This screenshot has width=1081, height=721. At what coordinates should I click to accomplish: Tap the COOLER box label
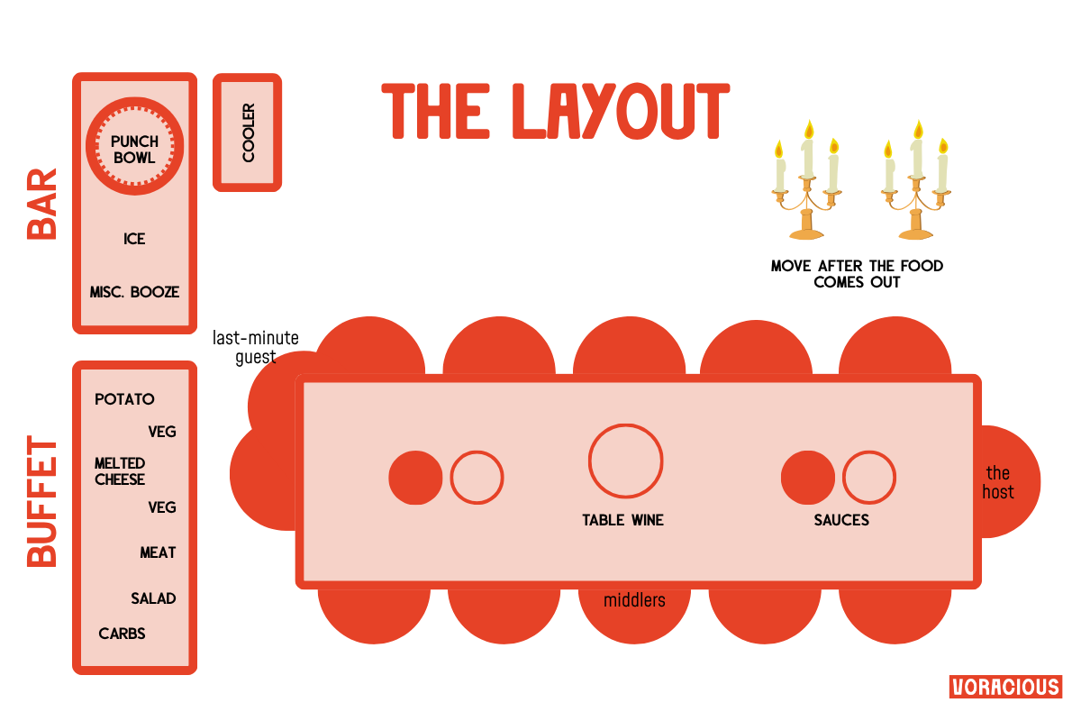pyautogui.click(x=248, y=132)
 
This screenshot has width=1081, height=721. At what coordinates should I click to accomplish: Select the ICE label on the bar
pyautogui.click(x=134, y=239)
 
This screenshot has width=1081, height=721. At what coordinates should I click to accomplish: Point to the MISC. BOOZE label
pyautogui.click(x=134, y=292)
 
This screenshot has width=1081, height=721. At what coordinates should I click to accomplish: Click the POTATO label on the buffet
pyautogui.click(x=124, y=399)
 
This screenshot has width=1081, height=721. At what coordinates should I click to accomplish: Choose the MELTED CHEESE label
pyautogui.click(x=120, y=471)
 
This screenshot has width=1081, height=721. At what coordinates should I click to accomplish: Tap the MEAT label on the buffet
pyautogui.click(x=158, y=552)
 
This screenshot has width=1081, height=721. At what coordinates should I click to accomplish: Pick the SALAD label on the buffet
pyautogui.click(x=153, y=598)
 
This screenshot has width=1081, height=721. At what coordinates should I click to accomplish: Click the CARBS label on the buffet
pyautogui.click(x=122, y=634)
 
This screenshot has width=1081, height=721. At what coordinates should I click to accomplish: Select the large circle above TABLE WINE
pyautogui.click(x=626, y=460)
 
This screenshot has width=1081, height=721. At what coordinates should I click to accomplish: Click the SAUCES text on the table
pyautogui.click(x=841, y=520)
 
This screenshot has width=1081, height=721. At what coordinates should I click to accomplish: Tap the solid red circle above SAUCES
pyautogui.click(x=807, y=478)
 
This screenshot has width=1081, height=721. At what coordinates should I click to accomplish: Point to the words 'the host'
pyautogui.click(x=998, y=482)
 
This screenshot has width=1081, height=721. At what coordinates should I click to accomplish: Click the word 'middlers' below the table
pyautogui.click(x=634, y=599)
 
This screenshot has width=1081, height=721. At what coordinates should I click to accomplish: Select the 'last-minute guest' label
pyautogui.click(x=255, y=348)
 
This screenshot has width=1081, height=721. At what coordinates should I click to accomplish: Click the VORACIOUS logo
pyautogui.click(x=1005, y=687)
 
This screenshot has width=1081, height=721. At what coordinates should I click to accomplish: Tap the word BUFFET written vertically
pyautogui.click(x=42, y=502)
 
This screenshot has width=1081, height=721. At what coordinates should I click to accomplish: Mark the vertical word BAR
pyautogui.click(x=42, y=204)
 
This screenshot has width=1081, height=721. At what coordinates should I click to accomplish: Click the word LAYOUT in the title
pyautogui.click(x=620, y=111)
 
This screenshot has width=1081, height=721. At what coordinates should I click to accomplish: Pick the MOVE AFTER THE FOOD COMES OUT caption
pyautogui.click(x=857, y=274)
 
